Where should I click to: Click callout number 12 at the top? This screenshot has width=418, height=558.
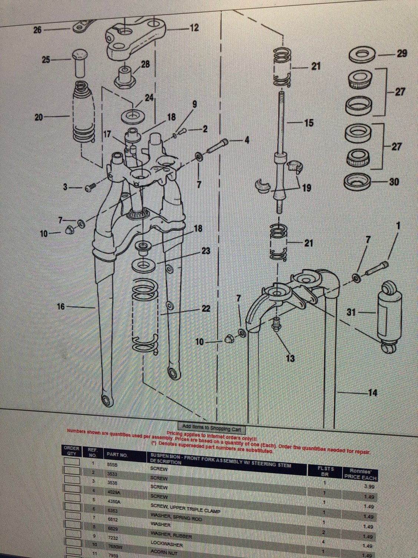pyautogui.click(x=194, y=28)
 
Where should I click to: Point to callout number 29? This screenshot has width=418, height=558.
pyautogui.click(x=402, y=53)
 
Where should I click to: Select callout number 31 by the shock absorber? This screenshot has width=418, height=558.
pyautogui.click(x=351, y=312)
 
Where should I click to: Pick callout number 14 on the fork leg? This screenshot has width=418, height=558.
pyautogui.click(x=372, y=393)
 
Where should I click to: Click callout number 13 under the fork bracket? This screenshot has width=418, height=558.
pyautogui.click(x=290, y=358)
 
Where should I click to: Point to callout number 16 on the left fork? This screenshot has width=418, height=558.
pyautogui.click(x=61, y=306)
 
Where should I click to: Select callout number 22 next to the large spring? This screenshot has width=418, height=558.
pyautogui.click(x=206, y=309)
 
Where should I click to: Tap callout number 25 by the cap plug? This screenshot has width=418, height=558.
pyautogui.click(x=46, y=59)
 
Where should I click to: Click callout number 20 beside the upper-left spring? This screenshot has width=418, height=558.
pyautogui.click(x=39, y=117)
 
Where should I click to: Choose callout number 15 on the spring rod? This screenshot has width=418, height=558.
pyautogui.click(x=309, y=123)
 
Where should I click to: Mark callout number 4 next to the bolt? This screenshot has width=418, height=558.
pyautogui.click(x=246, y=141)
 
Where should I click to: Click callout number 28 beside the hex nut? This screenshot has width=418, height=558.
pyautogui.click(x=145, y=64)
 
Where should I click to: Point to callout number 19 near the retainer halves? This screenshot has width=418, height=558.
pyautogui.click(x=306, y=188)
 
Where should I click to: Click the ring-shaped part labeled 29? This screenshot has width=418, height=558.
pyautogui.click(x=362, y=55)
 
